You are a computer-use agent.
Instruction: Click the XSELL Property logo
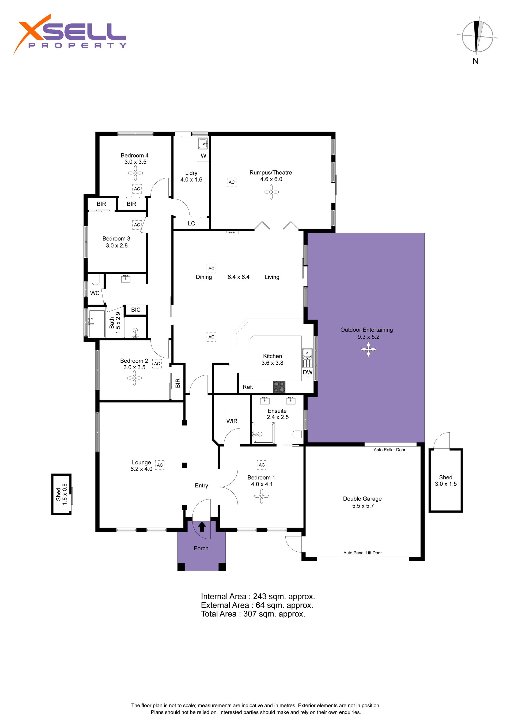[70, 35]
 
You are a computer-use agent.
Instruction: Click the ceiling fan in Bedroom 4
[135, 173]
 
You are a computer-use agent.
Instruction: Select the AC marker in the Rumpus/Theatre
[232, 182]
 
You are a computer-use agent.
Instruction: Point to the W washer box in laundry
[203, 156]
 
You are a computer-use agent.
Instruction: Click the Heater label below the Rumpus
[230, 232]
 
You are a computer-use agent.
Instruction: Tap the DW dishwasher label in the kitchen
[308, 372]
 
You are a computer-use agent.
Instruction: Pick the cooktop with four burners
[279, 387]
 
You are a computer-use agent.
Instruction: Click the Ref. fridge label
[248, 387]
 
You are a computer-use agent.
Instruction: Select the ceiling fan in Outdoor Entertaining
[368, 350]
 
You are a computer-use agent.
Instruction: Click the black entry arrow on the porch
[202, 527]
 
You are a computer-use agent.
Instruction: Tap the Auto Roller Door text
[390, 450]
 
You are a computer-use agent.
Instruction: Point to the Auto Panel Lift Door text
[363, 553]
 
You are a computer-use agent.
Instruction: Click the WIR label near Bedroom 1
[232, 421]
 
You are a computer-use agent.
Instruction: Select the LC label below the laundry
[191, 224]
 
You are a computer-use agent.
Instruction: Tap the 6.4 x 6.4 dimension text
[239, 277]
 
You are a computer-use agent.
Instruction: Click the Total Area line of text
[253, 614]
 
